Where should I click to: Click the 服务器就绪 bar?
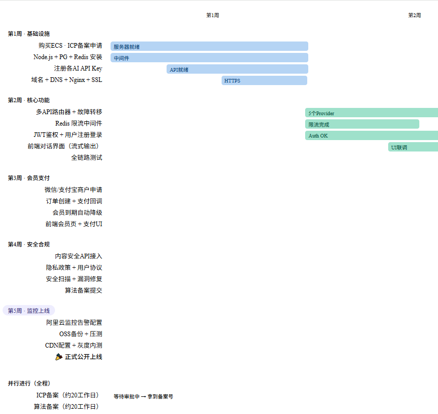tap(209, 46)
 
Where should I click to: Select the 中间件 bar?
tap(209, 58)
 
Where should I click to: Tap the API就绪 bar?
tap(237, 69)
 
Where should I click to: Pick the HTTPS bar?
tap(264, 80)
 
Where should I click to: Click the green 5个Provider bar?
tap(372, 113)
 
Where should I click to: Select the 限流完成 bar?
tap(362, 124)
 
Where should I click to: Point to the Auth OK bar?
tap(372, 135)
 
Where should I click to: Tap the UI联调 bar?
tap(413, 147)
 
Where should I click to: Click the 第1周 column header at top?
tap(212, 15)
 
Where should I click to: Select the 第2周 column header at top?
tap(414, 15)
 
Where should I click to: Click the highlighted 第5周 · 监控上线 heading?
tap(29, 310)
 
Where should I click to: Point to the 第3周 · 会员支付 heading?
tap(29, 177)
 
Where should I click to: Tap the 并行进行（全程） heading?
tap(29, 383)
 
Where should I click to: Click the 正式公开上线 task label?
tap(84, 356)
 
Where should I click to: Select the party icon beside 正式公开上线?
tap(59, 356)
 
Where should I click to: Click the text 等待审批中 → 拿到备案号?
tap(143, 396)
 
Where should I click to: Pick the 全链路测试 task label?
tap(87, 157)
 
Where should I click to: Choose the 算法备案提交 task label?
tap(84, 290)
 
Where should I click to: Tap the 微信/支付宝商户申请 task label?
tap(73, 189)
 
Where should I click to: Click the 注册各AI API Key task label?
tap(78, 68)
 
